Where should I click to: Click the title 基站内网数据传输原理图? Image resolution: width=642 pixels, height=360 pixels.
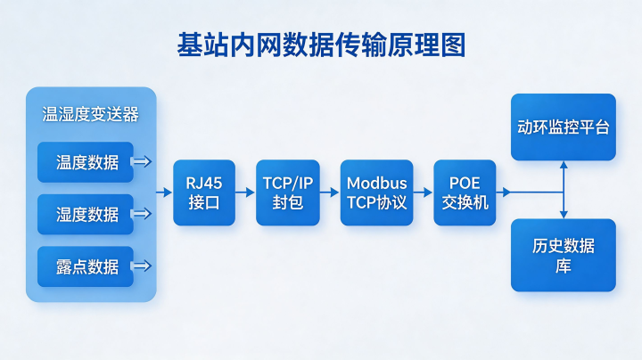click(x=321, y=45)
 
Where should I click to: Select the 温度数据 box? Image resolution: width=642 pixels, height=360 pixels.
click(x=86, y=162)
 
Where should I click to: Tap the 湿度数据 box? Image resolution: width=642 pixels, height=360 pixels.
click(x=86, y=214)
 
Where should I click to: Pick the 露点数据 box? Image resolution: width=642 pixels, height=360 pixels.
click(x=86, y=266)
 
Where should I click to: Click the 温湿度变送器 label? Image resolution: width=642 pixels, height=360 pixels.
click(x=90, y=114)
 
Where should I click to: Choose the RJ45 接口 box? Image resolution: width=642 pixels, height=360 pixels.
click(x=204, y=192)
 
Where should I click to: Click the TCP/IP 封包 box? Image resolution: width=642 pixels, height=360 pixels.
click(x=288, y=192)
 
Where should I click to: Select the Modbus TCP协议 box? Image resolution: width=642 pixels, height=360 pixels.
click(x=376, y=192)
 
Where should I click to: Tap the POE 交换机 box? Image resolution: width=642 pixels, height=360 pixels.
click(x=465, y=192)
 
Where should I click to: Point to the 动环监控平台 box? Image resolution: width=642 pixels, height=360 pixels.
click(x=564, y=127)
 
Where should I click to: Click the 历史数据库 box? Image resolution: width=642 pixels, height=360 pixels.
click(x=564, y=255)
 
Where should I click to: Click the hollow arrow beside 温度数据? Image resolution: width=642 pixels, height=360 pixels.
click(x=142, y=161)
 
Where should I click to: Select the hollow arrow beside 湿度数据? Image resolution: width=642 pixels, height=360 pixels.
click(x=142, y=214)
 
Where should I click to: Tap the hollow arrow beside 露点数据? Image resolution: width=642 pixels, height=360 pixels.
click(x=142, y=266)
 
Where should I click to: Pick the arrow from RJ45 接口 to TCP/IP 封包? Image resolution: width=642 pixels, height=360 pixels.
click(x=245, y=192)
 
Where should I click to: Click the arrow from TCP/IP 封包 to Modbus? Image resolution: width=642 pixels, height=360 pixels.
click(x=330, y=192)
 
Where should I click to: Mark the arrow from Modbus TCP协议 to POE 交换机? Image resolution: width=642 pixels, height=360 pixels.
click(x=423, y=192)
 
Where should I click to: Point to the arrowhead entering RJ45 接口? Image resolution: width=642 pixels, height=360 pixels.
click(x=168, y=192)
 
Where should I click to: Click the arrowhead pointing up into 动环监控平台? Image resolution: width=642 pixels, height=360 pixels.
click(x=564, y=165)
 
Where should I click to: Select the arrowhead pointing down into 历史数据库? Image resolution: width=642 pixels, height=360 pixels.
click(x=564, y=215)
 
